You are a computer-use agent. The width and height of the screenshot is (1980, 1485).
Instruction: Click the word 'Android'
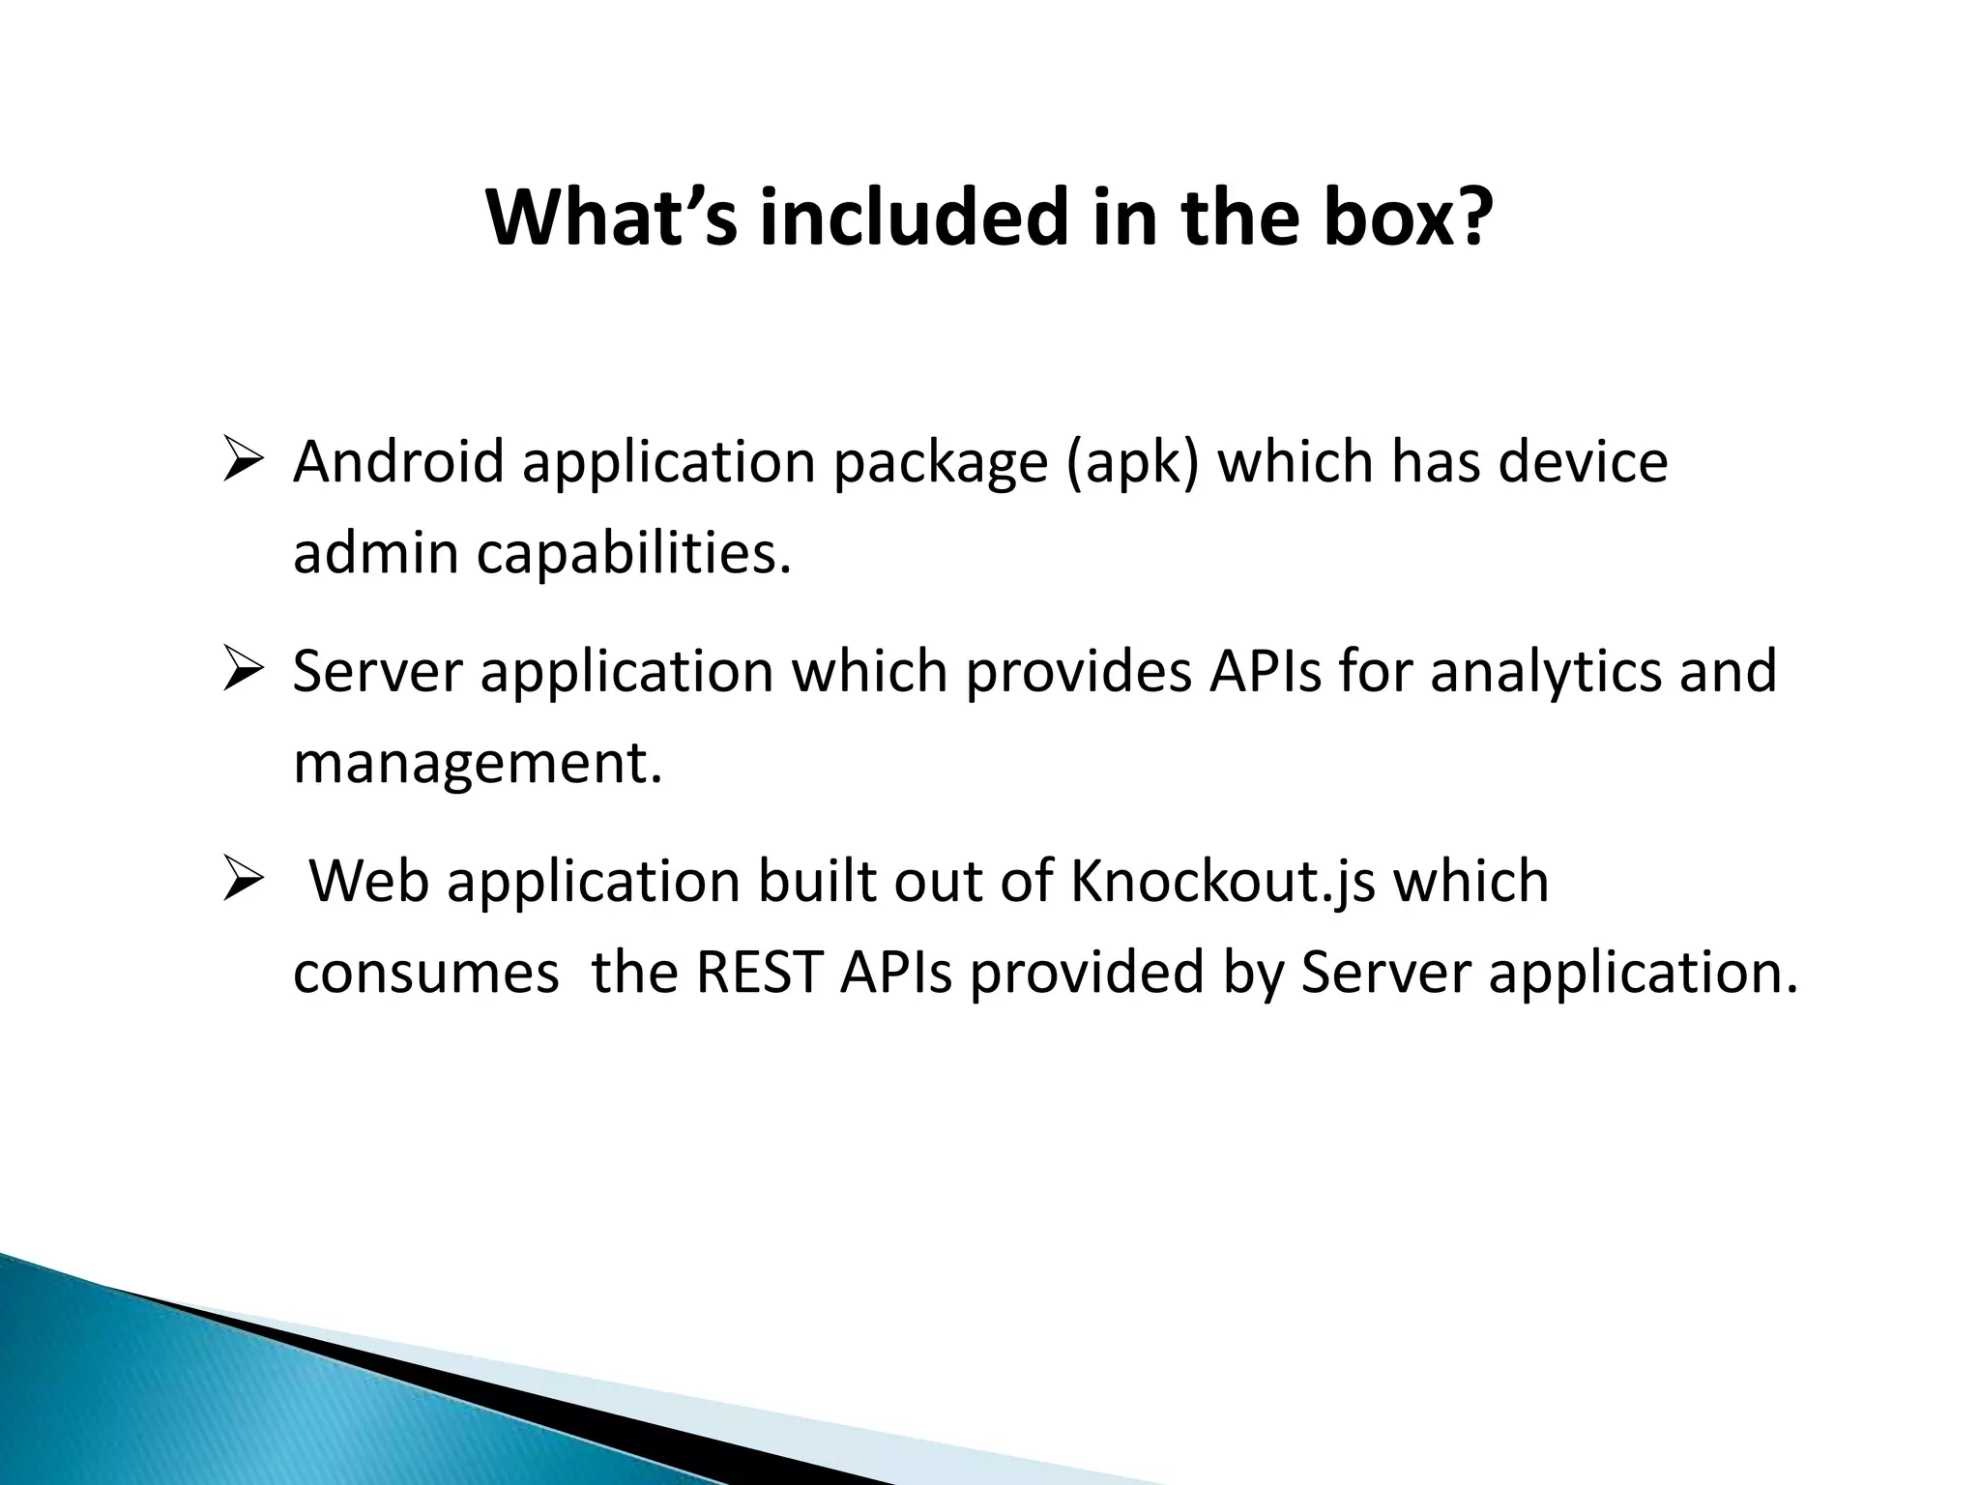(x=398, y=462)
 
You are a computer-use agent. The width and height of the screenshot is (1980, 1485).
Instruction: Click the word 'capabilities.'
(x=633, y=555)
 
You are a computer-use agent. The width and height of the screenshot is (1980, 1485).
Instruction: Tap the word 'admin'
(x=375, y=553)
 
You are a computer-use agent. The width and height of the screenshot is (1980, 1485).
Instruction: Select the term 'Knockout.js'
(x=1222, y=882)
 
